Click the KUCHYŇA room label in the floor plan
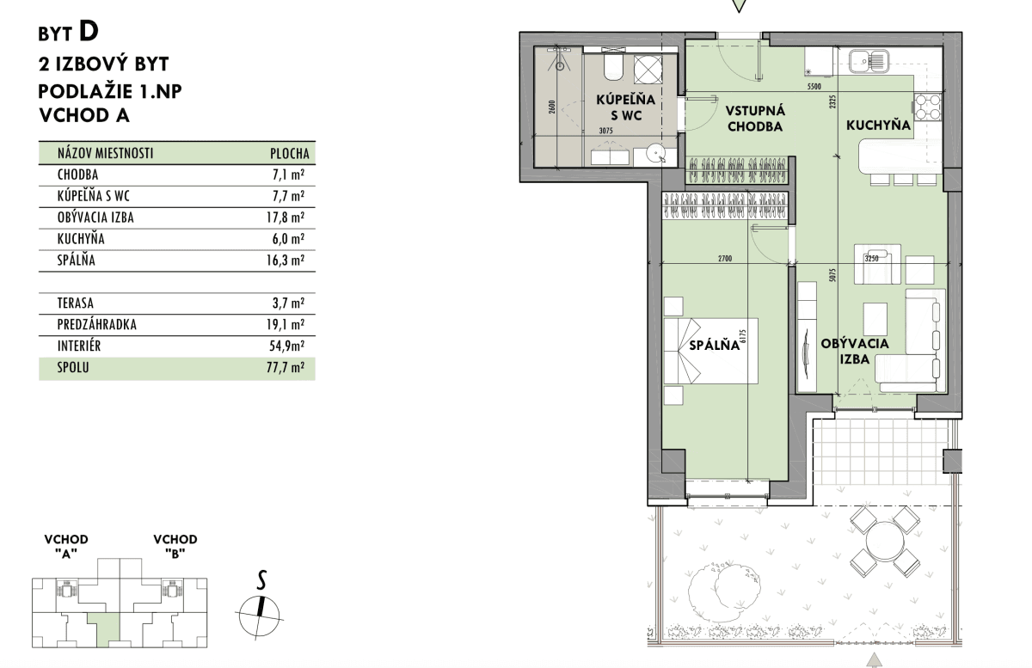click(878, 125)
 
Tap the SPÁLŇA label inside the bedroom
click(714, 345)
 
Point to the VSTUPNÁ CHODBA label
click(755, 119)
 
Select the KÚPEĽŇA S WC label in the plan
click(625, 107)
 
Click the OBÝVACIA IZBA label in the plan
click(855, 351)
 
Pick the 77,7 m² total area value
click(286, 368)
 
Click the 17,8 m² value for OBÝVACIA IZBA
click(286, 217)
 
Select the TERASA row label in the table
click(76, 303)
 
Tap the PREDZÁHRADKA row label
click(96, 324)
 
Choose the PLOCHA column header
click(289, 153)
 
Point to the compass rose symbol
click(260, 616)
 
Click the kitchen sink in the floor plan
click(869, 61)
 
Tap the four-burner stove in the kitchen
click(927, 107)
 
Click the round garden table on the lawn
click(885, 542)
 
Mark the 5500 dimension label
click(814, 86)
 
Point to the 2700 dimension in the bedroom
click(725, 259)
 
